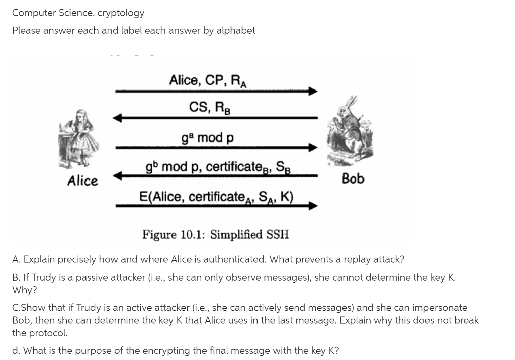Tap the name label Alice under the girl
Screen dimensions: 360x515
tap(82, 181)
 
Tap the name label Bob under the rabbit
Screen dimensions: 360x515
tap(353, 178)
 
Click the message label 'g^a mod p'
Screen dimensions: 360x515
tap(207, 137)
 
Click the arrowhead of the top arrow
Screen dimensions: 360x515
tap(313, 92)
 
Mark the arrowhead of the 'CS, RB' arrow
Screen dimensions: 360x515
tap(118, 118)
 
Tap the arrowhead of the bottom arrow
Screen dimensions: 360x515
tap(313, 205)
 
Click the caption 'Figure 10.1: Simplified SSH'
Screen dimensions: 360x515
tap(216, 235)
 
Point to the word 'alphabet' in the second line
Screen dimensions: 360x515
tap(236, 30)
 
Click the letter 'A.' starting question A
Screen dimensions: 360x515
tap(16, 259)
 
